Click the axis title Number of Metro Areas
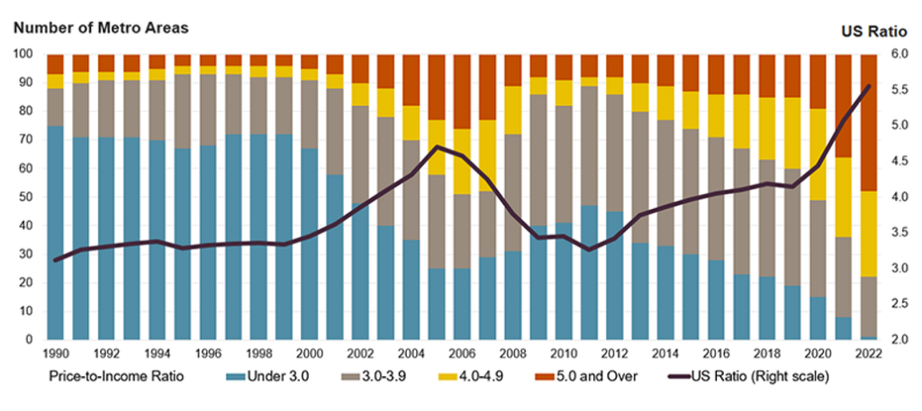[x=100, y=27]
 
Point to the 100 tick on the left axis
[x=22, y=54]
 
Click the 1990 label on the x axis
[x=56, y=354]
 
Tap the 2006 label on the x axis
[x=461, y=354]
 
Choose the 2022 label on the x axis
[x=868, y=354]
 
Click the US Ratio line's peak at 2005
[x=437, y=146]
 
